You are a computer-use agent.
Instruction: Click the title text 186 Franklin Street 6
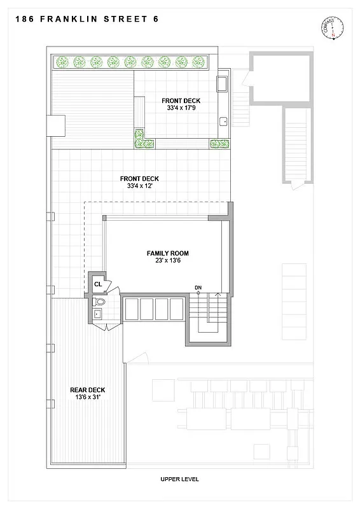[85, 19]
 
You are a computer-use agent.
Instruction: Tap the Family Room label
[167, 253]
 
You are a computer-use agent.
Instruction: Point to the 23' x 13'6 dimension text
[167, 261]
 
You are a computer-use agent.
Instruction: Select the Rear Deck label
[88, 390]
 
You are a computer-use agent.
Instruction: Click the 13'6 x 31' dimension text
[88, 398]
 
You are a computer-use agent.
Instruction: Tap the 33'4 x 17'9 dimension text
[181, 109]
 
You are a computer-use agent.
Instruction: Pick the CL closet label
[98, 284]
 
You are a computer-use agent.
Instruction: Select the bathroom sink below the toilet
[97, 313]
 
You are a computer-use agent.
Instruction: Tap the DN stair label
[198, 288]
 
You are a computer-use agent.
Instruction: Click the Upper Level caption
[180, 479]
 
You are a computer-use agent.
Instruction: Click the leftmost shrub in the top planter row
[62, 62]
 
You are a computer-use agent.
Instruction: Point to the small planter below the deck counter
[219, 143]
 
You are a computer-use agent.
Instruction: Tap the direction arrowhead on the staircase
[219, 295]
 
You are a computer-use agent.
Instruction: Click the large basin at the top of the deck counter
[223, 84]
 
